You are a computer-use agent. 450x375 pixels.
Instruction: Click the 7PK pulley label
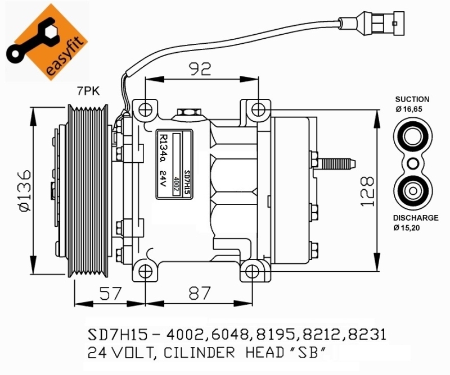coord(88,91)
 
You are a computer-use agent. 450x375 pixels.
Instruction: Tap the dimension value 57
coord(111,292)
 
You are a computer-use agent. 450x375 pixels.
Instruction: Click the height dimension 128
coord(366,191)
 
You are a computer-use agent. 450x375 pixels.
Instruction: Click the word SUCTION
coord(412,99)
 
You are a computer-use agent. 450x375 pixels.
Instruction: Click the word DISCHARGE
coord(416,218)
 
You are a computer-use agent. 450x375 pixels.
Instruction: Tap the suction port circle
coord(412,136)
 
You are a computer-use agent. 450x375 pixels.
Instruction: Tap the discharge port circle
coord(412,189)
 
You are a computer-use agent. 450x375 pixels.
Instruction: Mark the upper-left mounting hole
coord(146,108)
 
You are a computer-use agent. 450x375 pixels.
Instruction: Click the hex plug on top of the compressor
coord(187,114)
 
